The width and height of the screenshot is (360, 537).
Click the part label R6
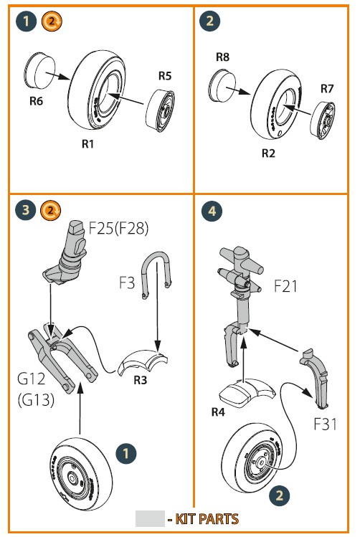pos(37,101)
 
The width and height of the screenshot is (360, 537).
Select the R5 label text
pos(165,76)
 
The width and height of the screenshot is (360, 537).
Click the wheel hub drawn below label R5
pos(161,110)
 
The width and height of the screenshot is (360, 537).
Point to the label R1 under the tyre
pos(87,144)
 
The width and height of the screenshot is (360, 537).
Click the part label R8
pos(222,57)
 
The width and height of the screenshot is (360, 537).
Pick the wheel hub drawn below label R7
pos(322,120)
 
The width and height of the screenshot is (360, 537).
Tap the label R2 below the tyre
pos(268,153)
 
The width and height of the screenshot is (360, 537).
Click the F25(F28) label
pos(118,228)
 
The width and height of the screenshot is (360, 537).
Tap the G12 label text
pos(31,379)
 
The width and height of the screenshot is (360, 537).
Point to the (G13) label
pos(36,399)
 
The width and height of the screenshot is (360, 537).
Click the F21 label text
pos(285,286)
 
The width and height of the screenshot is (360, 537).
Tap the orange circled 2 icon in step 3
pos(50,210)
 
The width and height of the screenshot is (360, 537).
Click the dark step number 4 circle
pos(212,211)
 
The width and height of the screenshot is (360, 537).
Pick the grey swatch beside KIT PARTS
pos(150,518)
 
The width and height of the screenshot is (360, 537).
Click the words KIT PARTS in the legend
pos(207,519)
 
